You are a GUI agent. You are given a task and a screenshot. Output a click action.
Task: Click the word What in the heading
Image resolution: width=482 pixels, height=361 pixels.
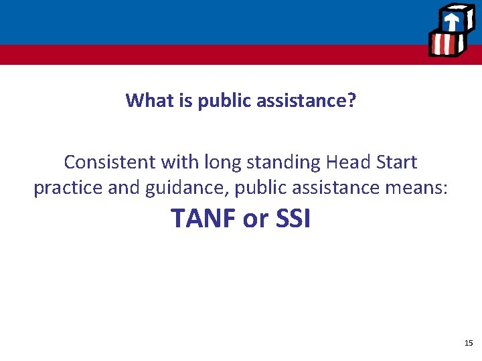[x=145, y=101]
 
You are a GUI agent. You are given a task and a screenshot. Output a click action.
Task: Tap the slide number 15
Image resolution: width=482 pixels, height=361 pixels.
[x=468, y=343]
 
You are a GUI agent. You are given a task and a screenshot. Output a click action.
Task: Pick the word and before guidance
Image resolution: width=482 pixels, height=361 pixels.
[x=122, y=189]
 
